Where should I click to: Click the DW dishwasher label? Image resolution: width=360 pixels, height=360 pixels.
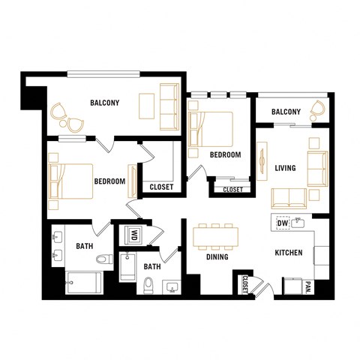283,223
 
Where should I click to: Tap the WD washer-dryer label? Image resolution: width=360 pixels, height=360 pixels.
135,235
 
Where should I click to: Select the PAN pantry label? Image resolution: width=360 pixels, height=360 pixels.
308,286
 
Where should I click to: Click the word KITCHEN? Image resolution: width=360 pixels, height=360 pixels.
288,253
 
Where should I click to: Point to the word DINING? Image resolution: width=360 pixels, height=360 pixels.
217,257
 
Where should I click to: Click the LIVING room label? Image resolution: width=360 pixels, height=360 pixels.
286,167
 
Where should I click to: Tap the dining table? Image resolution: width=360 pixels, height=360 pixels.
216,237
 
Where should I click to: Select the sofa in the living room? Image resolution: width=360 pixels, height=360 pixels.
289,198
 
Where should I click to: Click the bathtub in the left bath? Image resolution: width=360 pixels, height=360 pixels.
82,283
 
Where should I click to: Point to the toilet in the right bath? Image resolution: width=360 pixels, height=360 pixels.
148,284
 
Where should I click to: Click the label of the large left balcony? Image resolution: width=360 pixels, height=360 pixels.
105,103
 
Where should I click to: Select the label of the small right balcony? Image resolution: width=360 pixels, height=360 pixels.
286,112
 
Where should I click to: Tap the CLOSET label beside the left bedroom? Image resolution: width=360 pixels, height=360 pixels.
161,187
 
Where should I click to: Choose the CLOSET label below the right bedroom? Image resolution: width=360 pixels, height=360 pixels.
232,190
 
